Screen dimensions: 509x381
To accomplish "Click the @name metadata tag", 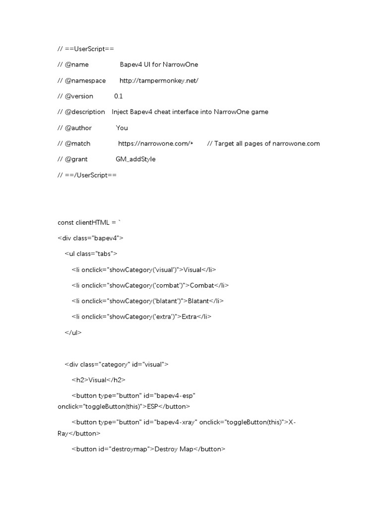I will point(77,64).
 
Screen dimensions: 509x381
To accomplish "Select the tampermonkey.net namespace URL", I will point(159,80).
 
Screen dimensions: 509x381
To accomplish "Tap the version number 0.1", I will point(118,96).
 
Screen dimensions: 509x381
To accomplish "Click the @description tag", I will point(85,112).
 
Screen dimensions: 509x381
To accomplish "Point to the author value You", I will point(122,128).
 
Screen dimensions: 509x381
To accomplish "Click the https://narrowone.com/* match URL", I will point(155,144).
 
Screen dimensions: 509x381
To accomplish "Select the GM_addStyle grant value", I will point(135,160).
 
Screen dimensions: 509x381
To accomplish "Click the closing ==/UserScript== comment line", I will point(87,175).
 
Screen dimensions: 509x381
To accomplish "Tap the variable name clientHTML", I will point(93,222).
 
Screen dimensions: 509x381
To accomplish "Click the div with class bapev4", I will point(90,238).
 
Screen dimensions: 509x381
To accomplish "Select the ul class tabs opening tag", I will point(91,254).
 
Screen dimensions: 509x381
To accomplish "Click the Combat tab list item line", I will point(150,285).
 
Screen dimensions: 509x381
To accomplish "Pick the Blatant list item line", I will point(148,301).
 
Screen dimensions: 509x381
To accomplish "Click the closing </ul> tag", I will point(73,333).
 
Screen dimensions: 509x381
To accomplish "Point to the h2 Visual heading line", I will point(98,380).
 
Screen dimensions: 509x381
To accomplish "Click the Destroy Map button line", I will point(148,449).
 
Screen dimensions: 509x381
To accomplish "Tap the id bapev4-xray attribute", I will point(171,422).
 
